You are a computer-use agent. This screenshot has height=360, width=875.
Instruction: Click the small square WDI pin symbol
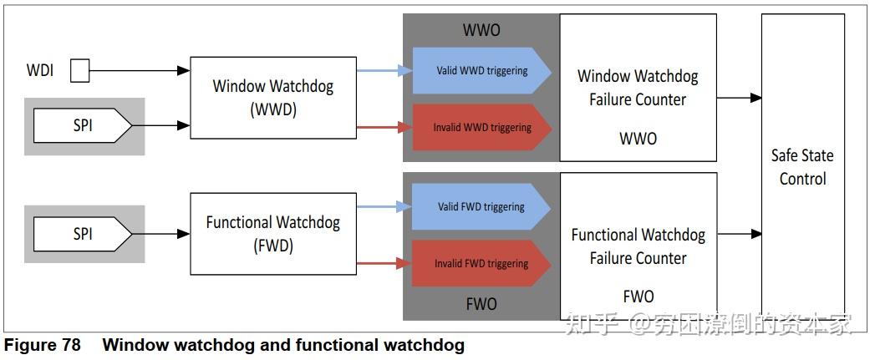(x=79, y=71)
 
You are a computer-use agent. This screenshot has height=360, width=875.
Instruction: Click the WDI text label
(x=40, y=71)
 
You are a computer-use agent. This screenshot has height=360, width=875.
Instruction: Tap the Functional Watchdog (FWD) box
(x=273, y=234)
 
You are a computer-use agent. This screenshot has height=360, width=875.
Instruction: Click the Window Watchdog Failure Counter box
(x=638, y=88)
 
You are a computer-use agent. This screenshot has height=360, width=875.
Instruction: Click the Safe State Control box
(x=802, y=167)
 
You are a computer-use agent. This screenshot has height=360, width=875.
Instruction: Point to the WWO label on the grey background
(x=481, y=31)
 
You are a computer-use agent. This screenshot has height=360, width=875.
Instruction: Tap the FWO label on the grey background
(x=483, y=303)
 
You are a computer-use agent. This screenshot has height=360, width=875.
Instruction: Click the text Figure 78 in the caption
(x=43, y=345)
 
